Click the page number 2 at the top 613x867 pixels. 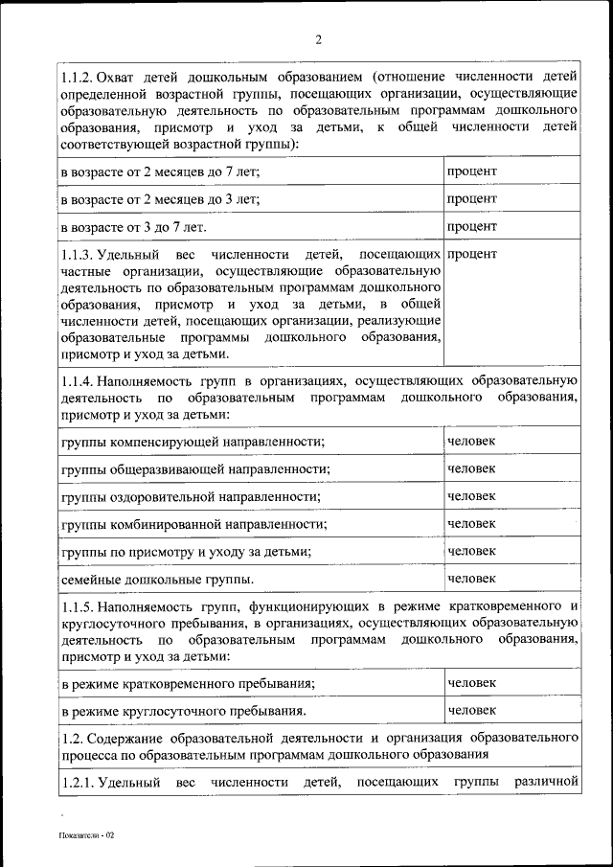318,39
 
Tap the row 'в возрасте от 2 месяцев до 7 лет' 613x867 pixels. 160,171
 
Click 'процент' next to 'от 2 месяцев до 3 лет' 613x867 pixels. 471,198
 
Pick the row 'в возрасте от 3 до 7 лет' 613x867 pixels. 133,227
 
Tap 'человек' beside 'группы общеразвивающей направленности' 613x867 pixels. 472,468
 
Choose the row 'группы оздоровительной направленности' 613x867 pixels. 190,496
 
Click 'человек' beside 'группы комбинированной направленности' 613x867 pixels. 472,523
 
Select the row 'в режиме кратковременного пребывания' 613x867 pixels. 188,683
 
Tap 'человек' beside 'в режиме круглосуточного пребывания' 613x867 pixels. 472,711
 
